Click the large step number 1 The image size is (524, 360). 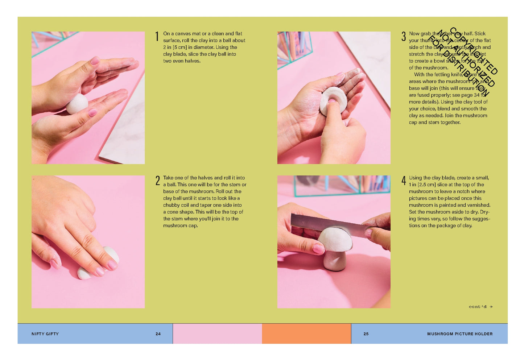(157, 37)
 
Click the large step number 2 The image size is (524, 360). (157, 181)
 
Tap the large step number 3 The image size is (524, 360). (403, 36)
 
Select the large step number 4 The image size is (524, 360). (404, 181)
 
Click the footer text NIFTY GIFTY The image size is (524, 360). (45, 334)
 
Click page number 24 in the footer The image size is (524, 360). (158, 334)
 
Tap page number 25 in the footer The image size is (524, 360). (366, 334)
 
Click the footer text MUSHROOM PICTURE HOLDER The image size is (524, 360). (460, 334)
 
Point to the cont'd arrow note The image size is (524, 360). (480, 307)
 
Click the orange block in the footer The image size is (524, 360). (306, 334)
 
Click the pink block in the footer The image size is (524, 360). (217, 334)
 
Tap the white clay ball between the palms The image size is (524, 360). (77, 104)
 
